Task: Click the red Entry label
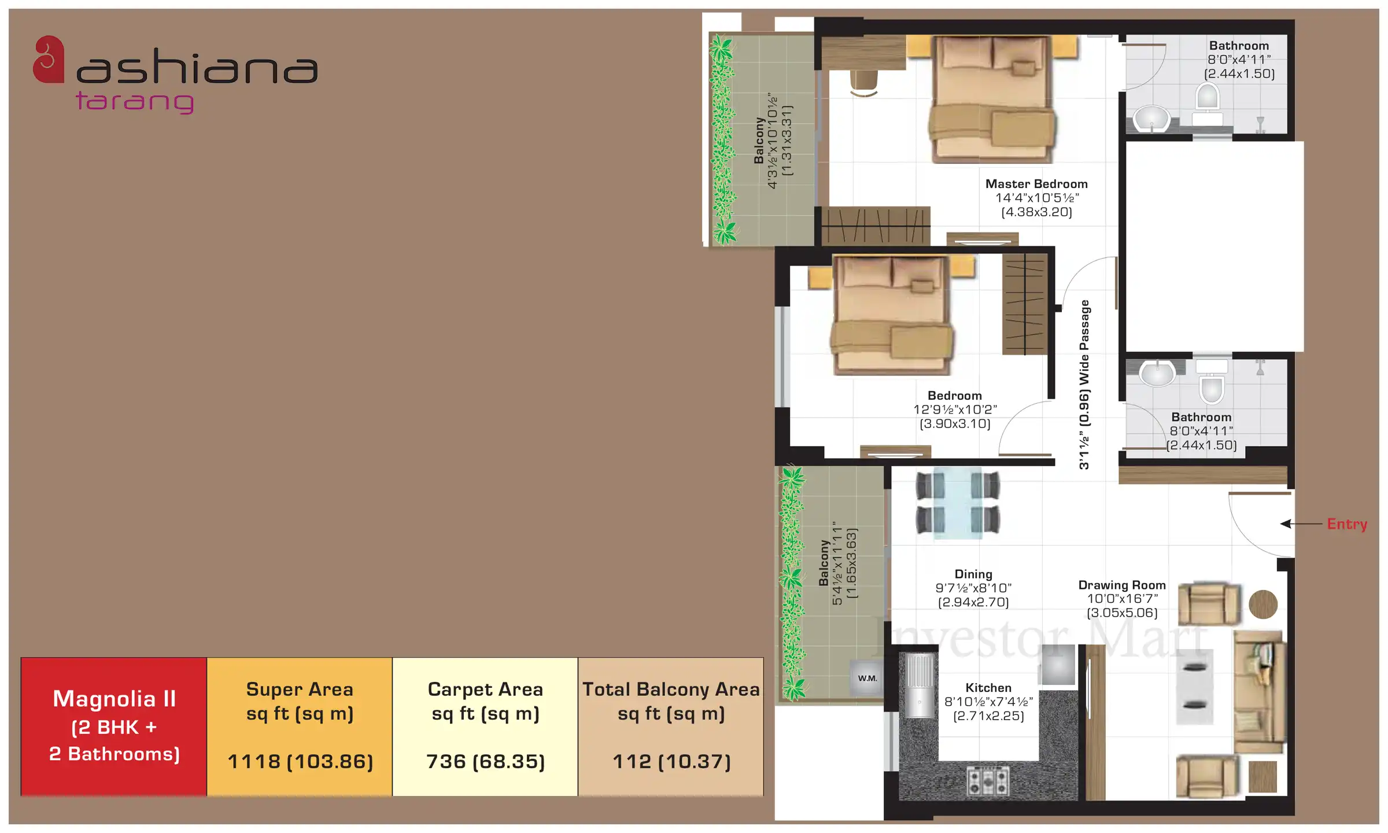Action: pyautogui.click(x=1347, y=524)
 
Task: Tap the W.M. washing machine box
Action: pyautogui.click(x=867, y=678)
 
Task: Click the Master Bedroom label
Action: pyautogui.click(x=1036, y=184)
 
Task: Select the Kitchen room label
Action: pyautogui.click(x=988, y=688)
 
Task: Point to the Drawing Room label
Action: pyautogui.click(x=1122, y=585)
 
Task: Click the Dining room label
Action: pyautogui.click(x=973, y=574)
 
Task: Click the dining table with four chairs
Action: pyautogui.click(x=958, y=502)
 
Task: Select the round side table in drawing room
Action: pyautogui.click(x=1263, y=605)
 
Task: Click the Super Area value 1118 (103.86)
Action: pyautogui.click(x=300, y=762)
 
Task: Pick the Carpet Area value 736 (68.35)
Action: pyautogui.click(x=485, y=762)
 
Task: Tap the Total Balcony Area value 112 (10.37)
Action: pyautogui.click(x=671, y=762)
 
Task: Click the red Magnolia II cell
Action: pyautogui.click(x=114, y=727)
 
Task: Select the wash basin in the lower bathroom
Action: pyautogui.click(x=1157, y=373)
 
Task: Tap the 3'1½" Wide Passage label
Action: pyautogui.click(x=1084, y=385)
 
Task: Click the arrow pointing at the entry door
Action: pyautogui.click(x=1301, y=524)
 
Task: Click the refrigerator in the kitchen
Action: pyautogui.click(x=919, y=685)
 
